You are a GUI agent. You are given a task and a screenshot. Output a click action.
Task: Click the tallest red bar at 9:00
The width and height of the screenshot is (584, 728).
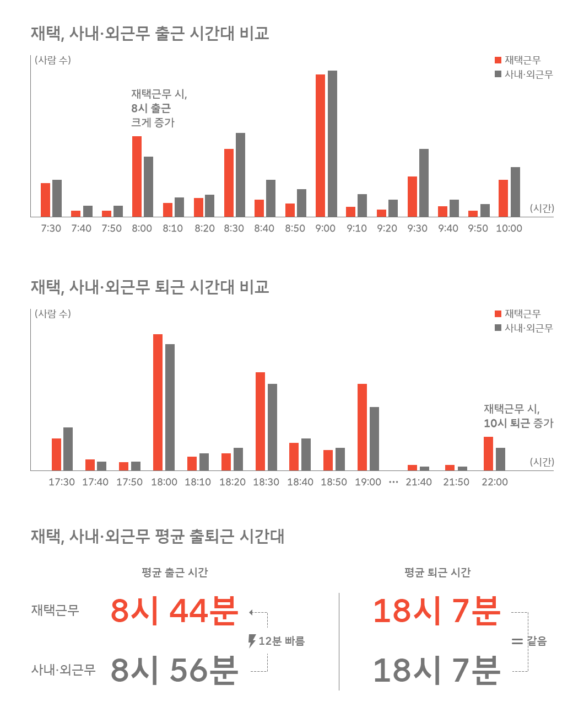coord(320,146)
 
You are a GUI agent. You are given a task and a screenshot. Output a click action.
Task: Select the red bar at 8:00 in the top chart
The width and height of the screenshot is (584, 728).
coord(136,176)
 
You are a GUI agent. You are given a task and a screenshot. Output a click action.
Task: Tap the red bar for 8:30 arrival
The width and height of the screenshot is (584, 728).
coord(229,183)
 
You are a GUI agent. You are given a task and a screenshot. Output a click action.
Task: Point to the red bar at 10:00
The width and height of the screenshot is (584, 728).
coord(503,198)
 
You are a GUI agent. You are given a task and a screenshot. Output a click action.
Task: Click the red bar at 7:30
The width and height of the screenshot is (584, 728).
coord(45,200)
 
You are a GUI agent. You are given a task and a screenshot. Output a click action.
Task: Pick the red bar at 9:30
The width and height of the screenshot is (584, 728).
coord(412,196)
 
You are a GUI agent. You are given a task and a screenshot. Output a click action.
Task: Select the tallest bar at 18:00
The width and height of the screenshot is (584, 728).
coord(158,402)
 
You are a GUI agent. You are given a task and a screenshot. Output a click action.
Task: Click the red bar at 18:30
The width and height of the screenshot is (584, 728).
coord(260,421)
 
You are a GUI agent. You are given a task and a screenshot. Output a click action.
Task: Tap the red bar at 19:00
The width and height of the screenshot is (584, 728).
coord(362,427)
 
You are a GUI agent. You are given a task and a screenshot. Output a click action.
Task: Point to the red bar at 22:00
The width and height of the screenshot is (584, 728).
coord(488,454)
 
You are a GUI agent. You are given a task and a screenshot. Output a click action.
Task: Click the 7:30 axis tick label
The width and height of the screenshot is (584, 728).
coord(51,228)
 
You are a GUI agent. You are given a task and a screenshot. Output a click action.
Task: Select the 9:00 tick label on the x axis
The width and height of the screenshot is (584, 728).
coord(325,228)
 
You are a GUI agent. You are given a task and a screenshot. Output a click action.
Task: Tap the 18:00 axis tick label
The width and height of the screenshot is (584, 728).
coord(164,482)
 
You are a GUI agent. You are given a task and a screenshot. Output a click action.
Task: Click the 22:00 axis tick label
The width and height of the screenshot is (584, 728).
coord(494,482)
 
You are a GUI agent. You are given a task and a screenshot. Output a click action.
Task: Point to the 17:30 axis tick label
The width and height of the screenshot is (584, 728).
coord(62,482)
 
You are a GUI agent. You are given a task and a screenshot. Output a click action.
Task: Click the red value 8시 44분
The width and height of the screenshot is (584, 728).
coord(174,611)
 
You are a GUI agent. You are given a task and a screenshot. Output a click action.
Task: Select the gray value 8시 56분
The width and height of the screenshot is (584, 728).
coord(174,670)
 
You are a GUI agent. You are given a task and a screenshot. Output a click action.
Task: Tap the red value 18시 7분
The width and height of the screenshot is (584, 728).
coord(436,611)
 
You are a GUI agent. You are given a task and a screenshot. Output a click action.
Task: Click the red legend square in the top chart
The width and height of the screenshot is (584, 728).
coord(499,60)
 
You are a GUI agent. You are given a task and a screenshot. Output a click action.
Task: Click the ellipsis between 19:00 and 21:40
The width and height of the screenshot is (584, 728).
coord(393,482)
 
